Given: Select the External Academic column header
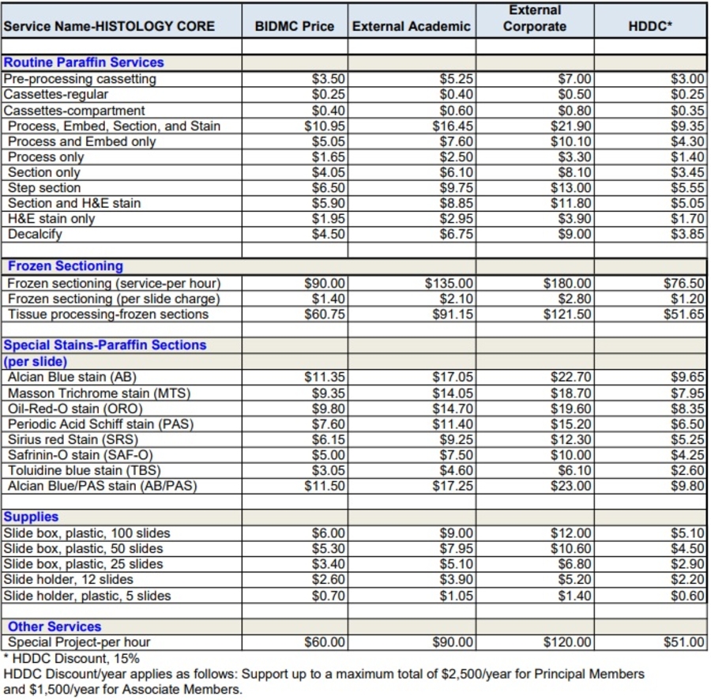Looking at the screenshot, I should tap(411, 26).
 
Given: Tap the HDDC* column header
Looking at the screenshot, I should tap(650, 26).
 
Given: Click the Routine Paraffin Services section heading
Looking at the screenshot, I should tap(84, 62).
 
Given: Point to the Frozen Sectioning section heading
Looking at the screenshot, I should tap(66, 266).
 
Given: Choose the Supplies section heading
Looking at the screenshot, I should tap(32, 517).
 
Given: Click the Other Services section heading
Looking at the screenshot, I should tap(55, 627).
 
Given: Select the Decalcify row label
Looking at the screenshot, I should tap(35, 235).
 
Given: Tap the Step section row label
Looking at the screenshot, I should tap(44, 188).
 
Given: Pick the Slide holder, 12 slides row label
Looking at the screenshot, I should tap(69, 580).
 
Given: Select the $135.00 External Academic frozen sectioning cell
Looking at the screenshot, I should tap(449, 283).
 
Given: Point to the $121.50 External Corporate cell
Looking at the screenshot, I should tap(567, 314).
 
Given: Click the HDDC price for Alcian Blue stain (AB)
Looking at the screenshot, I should tap(687, 377).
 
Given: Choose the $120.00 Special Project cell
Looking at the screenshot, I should tap(567, 642).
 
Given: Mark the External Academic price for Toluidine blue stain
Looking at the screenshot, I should tap(456, 471).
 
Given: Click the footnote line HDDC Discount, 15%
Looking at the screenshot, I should tap(72, 658).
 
